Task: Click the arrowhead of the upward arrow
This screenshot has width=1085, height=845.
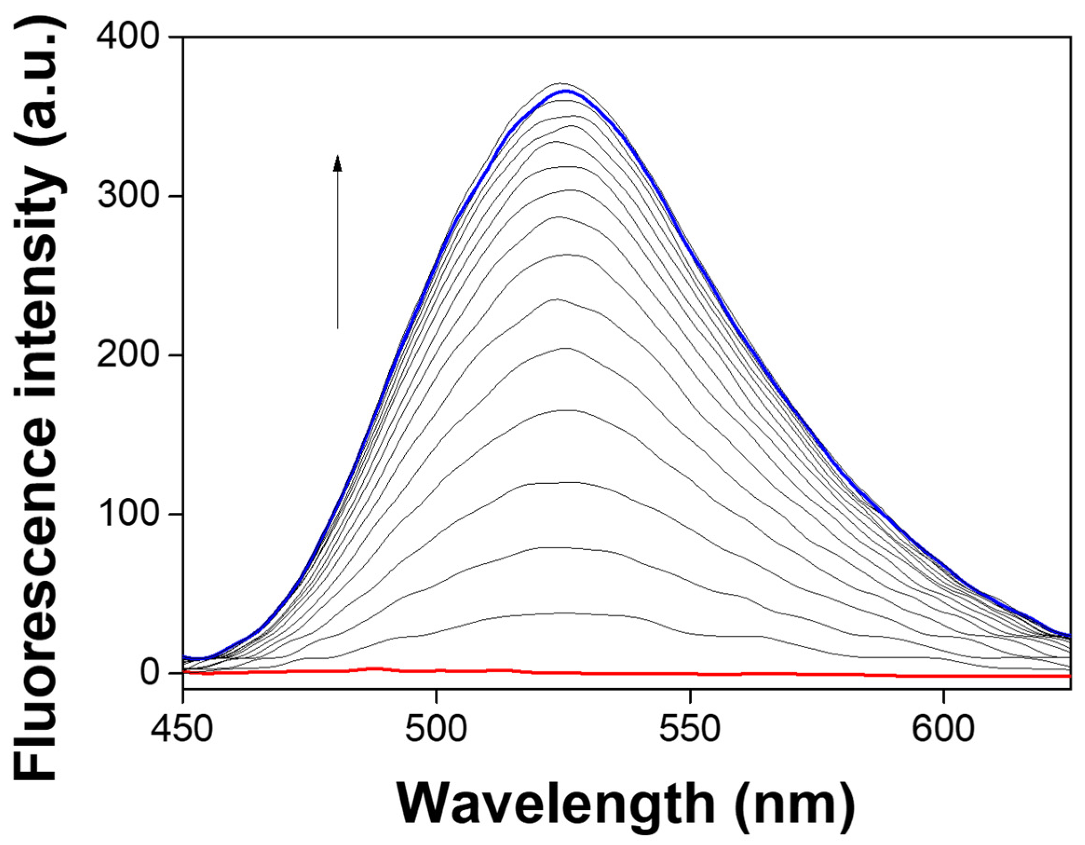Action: [x=338, y=162]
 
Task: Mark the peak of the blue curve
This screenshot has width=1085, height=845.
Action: [x=566, y=91]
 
